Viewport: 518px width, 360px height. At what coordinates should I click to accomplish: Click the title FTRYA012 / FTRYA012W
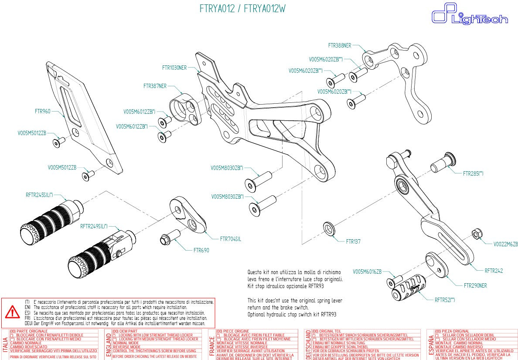[x=243, y=9]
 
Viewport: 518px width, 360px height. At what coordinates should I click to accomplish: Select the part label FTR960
[x=43, y=111]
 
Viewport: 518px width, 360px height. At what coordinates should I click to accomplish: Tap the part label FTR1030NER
[x=174, y=68]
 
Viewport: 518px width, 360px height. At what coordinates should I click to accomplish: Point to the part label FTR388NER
[x=339, y=45]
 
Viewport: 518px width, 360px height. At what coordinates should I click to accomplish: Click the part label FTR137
[x=353, y=241]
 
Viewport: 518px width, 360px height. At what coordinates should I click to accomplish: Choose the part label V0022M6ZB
[x=505, y=244]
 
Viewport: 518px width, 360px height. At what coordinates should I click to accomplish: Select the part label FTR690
[x=201, y=250]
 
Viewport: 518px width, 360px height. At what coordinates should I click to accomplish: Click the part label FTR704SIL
[x=230, y=239]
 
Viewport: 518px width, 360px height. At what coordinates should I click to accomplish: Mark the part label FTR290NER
[x=475, y=285]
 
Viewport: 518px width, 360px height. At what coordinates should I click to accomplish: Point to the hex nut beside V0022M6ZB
[x=477, y=234]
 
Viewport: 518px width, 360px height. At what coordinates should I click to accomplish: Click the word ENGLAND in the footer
[x=109, y=345]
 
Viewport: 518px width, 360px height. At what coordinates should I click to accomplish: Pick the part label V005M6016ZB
[x=367, y=272]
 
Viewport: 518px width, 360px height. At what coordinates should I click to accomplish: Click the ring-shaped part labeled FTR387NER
[x=185, y=109]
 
